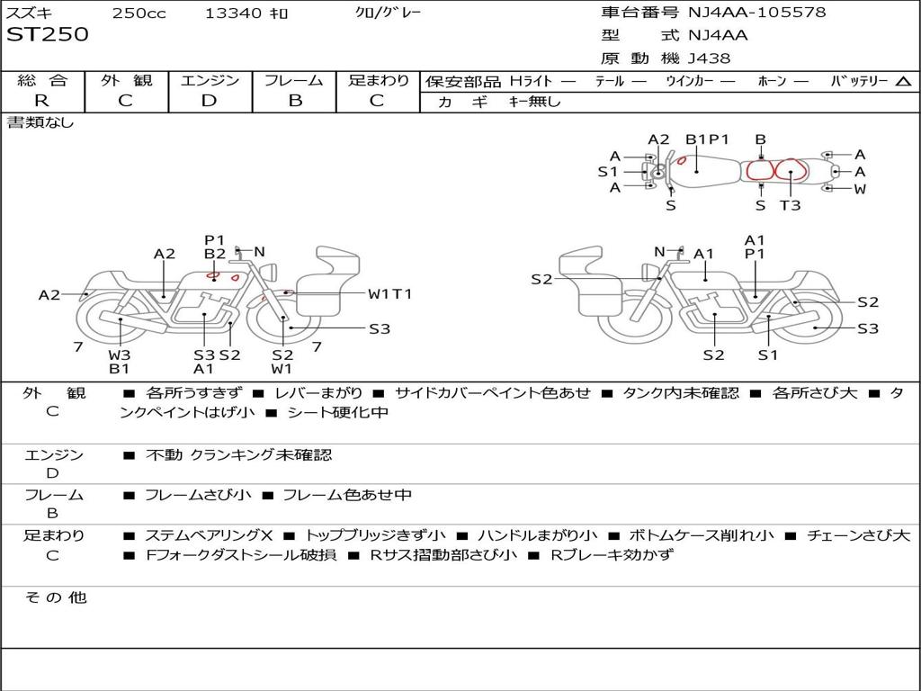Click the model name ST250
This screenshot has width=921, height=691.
tap(48, 35)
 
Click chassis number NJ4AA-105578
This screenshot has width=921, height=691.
tap(756, 13)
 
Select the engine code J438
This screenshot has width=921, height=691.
tap(710, 58)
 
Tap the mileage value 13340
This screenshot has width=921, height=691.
tap(233, 13)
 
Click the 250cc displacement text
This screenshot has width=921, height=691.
tap(137, 13)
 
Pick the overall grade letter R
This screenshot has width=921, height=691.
tap(41, 101)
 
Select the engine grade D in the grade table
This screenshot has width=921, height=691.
tap(209, 101)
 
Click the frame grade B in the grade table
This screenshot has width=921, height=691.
tap(295, 101)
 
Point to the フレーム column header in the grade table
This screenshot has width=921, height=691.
tap(295, 81)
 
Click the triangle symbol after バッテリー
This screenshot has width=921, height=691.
tap(903, 82)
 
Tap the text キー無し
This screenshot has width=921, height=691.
tap(534, 102)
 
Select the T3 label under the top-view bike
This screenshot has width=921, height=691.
tap(790, 205)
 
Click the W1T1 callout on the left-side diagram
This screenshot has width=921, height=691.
tap(389, 293)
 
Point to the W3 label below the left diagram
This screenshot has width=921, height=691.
tap(120, 354)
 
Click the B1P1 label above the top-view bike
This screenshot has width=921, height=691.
tap(707, 139)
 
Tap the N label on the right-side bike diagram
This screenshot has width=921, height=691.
tap(659, 251)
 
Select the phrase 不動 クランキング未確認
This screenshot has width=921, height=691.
tap(238, 455)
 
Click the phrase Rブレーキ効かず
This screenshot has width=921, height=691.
tap(611, 555)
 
